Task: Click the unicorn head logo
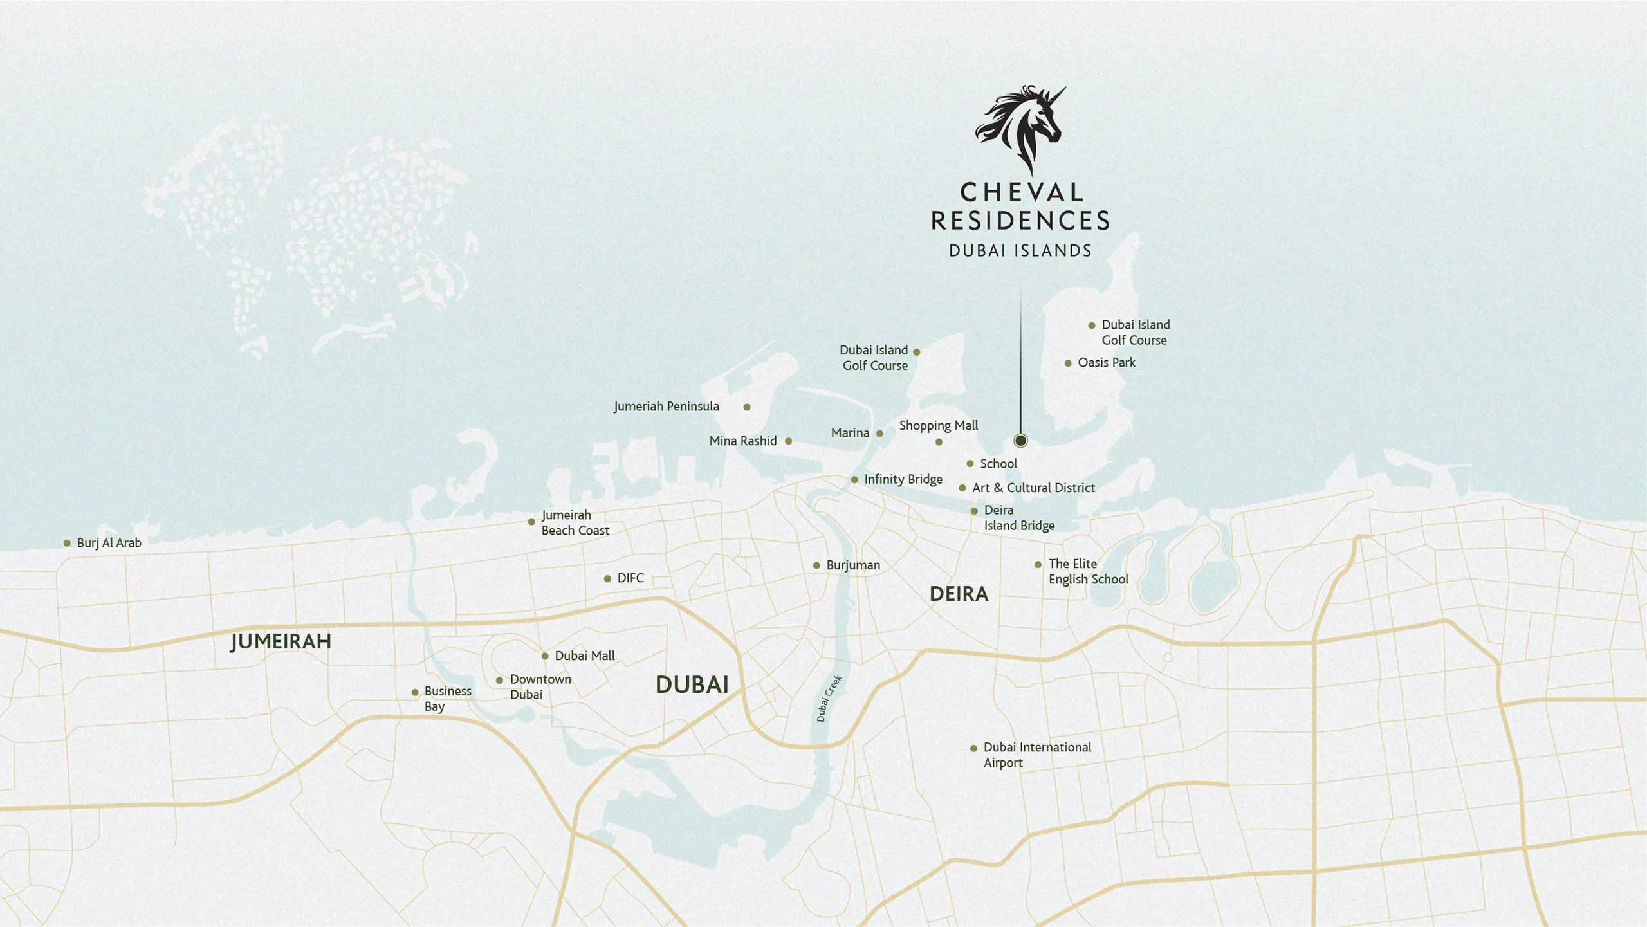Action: coord(1020,129)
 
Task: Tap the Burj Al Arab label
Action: coord(109,543)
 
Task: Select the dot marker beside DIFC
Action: coord(607,579)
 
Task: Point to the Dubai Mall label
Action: coord(584,656)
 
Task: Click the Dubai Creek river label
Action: coord(829,699)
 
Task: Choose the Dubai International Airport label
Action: coord(1036,755)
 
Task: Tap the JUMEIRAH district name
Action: coord(281,641)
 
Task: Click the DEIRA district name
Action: coord(959,594)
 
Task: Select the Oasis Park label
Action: coord(1107,363)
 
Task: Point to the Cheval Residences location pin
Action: coord(1020,441)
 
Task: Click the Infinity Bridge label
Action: coord(903,479)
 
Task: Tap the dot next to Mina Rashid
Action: coord(788,441)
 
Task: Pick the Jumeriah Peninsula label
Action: coord(666,407)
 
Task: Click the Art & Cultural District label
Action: coord(1033,488)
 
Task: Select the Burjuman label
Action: coord(853,565)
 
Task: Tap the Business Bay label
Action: coord(447,699)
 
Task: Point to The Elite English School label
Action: coord(1087,571)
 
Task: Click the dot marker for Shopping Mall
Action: coord(939,442)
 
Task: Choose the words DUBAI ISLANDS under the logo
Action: coord(1020,251)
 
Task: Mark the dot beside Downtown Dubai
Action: coord(499,681)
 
